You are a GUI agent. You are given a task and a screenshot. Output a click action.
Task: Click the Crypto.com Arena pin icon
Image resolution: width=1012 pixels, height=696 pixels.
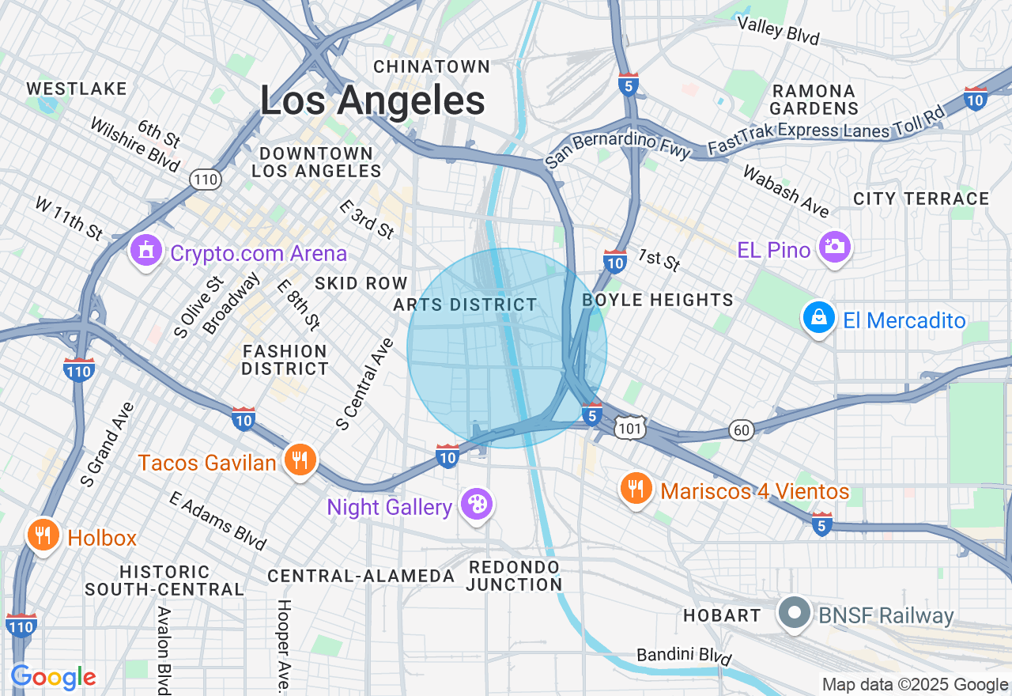pyautogui.click(x=145, y=252)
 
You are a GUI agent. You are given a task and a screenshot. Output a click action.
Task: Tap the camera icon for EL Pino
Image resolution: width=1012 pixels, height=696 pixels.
pyautogui.click(x=834, y=248)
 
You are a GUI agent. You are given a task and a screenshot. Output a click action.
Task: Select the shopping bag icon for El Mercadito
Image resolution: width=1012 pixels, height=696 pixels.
pyautogui.click(x=819, y=318)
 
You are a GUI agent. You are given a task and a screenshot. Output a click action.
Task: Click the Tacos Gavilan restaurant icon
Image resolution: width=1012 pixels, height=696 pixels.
pyautogui.click(x=300, y=460)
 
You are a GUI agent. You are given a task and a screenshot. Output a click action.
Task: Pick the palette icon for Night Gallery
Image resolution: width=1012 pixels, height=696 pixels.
pyautogui.click(x=477, y=504)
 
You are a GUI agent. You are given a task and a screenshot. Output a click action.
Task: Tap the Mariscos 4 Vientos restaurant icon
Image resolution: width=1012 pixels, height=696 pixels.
pyautogui.click(x=636, y=489)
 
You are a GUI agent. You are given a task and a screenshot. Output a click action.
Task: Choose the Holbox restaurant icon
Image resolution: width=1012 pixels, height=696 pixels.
pyautogui.click(x=43, y=535)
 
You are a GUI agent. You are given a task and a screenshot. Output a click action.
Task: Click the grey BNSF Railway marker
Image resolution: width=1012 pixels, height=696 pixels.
pyautogui.click(x=793, y=614)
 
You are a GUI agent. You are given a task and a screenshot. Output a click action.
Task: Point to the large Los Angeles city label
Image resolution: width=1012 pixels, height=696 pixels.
pyautogui.click(x=372, y=101)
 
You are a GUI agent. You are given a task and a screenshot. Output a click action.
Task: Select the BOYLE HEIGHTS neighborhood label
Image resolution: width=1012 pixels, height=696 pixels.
pyautogui.click(x=658, y=300)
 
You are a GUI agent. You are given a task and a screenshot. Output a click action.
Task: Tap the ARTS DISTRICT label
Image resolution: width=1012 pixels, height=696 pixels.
pyautogui.click(x=465, y=304)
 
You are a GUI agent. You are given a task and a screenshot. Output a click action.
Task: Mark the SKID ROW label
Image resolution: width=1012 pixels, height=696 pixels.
pyautogui.click(x=361, y=283)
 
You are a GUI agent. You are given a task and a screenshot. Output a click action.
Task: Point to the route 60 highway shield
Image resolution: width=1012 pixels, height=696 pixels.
pyautogui.click(x=742, y=429)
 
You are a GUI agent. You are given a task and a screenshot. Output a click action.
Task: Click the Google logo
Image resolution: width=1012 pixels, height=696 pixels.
pyautogui.click(x=53, y=677)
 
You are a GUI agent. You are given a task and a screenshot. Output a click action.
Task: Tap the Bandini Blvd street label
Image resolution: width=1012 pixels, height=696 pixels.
pyautogui.click(x=685, y=656)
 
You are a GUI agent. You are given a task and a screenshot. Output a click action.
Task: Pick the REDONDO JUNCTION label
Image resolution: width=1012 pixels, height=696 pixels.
pyautogui.click(x=514, y=576)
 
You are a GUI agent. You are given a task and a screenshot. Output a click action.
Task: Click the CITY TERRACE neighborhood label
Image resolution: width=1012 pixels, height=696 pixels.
pyautogui.click(x=921, y=199)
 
